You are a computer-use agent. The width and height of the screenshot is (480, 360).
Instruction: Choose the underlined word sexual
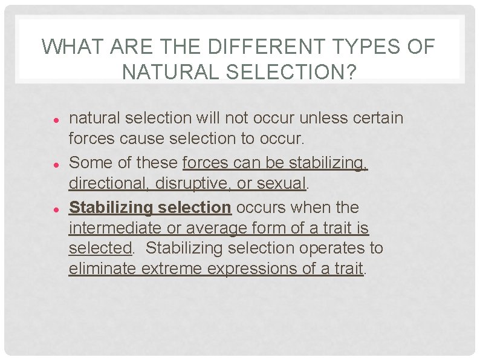(x=282, y=183)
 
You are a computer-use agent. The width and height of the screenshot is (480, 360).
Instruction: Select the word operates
(x=321, y=248)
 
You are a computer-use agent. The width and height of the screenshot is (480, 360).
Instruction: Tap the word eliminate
(x=103, y=269)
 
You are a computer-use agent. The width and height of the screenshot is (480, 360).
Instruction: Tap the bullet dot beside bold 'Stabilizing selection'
(x=54, y=209)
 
